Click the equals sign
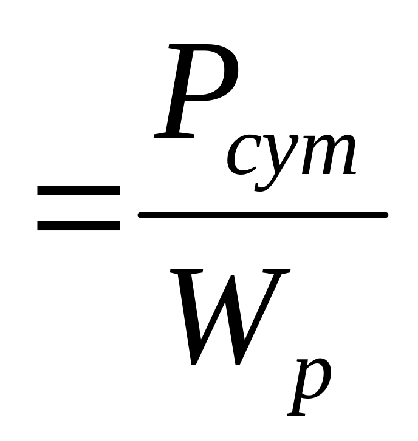point(79,207)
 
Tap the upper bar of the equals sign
point(79,190)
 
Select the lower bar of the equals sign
point(79,225)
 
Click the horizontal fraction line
point(262,215)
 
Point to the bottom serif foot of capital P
point(173,135)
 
